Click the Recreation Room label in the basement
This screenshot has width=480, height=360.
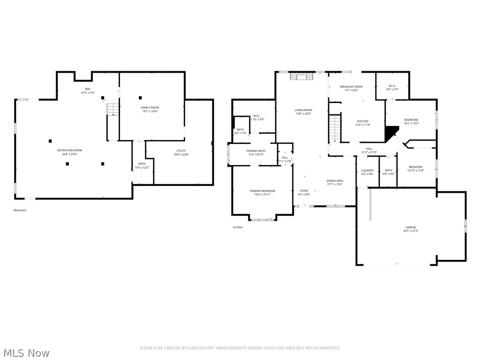coord(69,150)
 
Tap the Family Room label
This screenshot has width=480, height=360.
coord(150,108)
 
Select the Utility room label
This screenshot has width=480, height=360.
coord(181,151)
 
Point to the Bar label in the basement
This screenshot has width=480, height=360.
coord(87,89)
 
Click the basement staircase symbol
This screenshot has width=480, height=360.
coord(112,110)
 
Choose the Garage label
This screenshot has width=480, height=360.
coord(411,227)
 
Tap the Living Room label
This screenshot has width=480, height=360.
coord(303,110)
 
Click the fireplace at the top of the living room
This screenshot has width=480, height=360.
coord(300,77)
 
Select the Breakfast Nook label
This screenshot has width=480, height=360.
coord(351,87)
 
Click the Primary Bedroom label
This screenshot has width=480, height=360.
coord(262,191)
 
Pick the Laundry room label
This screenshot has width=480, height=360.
coord(367,171)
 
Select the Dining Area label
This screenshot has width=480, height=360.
coord(335,180)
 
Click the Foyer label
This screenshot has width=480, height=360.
coord(304,191)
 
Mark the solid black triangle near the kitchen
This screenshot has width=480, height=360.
coord(390,133)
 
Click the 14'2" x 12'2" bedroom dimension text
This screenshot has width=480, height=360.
coord(411,123)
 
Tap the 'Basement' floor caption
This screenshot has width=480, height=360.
coord(20,210)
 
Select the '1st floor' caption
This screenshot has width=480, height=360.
coord(238,227)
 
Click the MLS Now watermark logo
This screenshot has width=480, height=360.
coord(26,352)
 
